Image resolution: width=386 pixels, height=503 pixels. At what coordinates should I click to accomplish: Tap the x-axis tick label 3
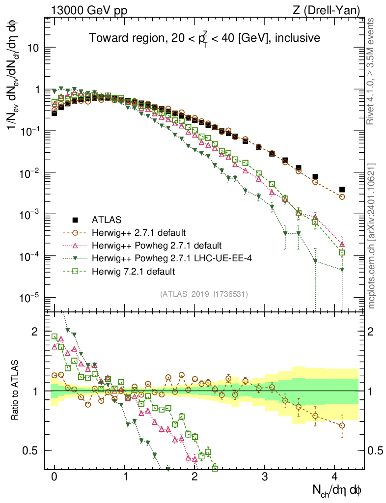point(265,476)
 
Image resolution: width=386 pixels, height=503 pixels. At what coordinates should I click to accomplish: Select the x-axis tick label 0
point(55,476)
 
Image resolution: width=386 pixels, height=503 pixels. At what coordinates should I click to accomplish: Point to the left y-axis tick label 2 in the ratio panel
point(34,332)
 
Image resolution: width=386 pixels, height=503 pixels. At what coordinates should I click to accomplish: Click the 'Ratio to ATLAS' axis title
point(16,391)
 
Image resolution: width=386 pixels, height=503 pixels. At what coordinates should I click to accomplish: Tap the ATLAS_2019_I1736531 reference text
point(204,294)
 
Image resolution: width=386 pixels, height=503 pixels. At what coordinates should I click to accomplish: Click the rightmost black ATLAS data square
point(342,190)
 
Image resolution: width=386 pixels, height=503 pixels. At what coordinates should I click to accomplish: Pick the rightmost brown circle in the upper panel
point(342,196)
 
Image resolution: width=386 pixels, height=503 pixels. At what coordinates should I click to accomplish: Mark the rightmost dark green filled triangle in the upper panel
point(342,269)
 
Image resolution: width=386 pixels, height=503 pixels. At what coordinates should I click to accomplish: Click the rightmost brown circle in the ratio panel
point(342,425)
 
